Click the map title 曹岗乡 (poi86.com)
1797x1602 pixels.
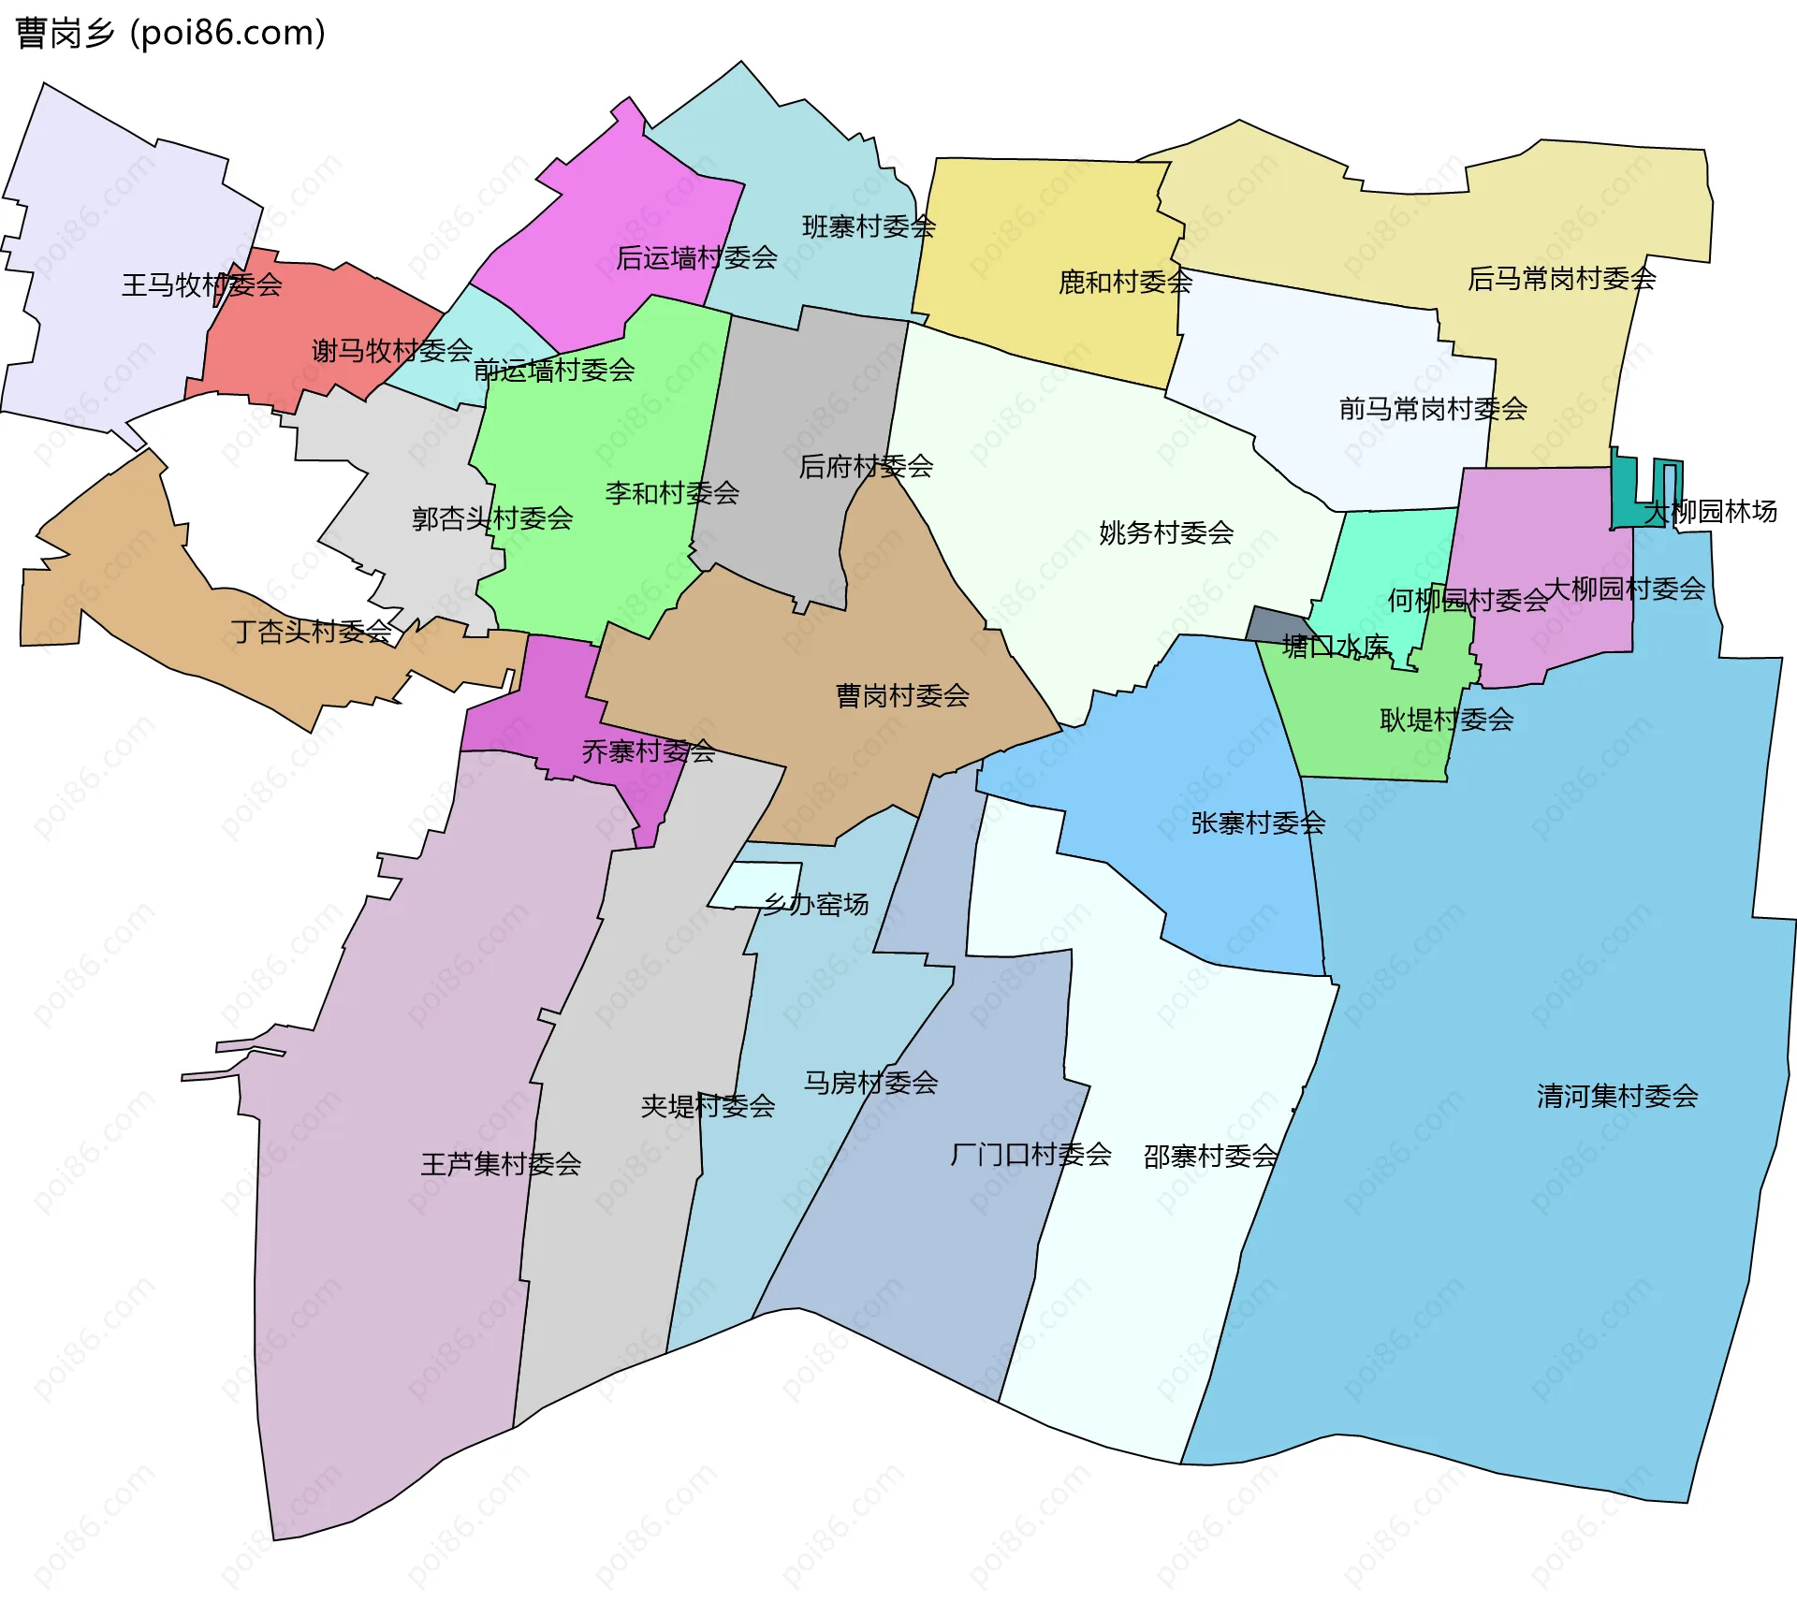(170, 33)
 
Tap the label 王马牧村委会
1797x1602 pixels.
(201, 284)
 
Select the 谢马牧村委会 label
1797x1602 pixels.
(391, 351)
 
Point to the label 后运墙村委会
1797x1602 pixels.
(696, 257)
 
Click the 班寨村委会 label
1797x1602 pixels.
(869, 226)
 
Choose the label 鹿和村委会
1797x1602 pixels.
(1125, 282)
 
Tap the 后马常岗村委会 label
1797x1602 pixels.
(1561, 278)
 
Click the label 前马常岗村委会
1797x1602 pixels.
(1433, 408)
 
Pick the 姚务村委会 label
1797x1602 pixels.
(1166, 532)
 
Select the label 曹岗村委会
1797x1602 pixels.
(902, 695)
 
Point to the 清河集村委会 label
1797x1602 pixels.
(1617, 1096)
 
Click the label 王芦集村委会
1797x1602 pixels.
(501, 1164)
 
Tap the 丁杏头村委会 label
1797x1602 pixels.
(312, 632)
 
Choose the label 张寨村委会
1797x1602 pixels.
(1258, 823)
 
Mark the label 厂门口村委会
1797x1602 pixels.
(1030, 1154)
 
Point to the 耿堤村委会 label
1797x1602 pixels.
(1446, 720)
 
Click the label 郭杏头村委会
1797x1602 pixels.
(492, 517)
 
